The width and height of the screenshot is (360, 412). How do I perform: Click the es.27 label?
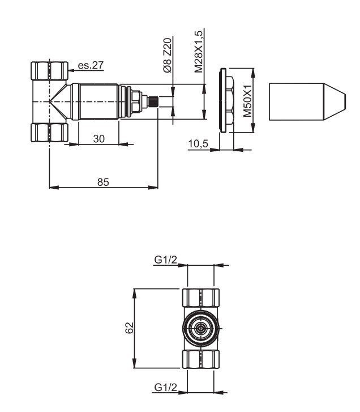click(x=91, y=66)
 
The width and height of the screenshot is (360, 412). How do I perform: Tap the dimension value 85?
click(x=103, y=181)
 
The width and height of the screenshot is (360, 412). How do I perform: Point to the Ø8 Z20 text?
click(x=167, y=55)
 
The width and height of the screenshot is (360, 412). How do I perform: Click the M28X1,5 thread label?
click(x=199, y=51)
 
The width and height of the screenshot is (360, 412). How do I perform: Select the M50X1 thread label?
click(x=247, y=101)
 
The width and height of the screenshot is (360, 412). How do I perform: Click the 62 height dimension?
click(x=128, y=328)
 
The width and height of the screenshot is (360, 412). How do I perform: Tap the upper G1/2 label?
click(x=165, y=260)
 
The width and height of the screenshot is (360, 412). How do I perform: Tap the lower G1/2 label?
click(x=165, y=388)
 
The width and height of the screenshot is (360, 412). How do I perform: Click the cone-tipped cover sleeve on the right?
click(x=306, y=101)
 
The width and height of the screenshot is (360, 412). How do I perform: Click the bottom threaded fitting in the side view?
click(x=49, y=131)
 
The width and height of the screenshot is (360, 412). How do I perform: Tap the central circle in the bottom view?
click(x=200, y=328)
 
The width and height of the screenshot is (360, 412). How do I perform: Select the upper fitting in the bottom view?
click(x=200, y=298)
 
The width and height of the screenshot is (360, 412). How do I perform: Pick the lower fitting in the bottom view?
click(x=200, y=359)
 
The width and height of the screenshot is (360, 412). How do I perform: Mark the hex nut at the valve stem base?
click(x=135, y=101)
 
